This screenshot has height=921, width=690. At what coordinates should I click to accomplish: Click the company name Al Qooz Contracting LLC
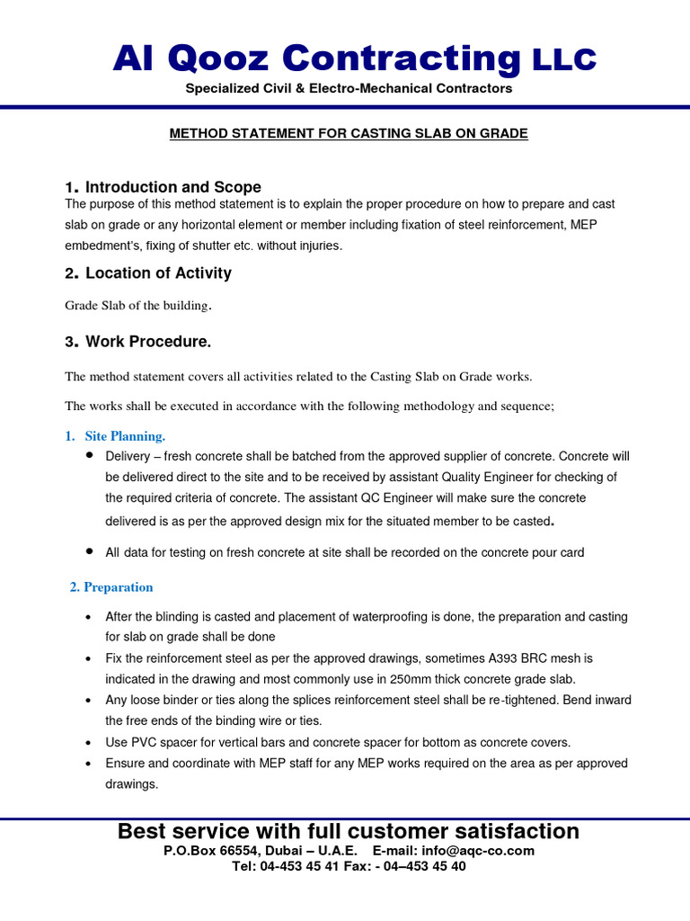click(x=354, y=58)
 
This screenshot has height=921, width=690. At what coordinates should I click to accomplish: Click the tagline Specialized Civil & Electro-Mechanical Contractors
click(x=349, y=89)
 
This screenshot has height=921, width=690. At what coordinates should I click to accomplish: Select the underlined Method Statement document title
click(x=349, y=134)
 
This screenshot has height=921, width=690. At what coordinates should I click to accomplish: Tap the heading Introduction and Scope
click(x=172, y=187)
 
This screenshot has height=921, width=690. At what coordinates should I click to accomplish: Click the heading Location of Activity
click(x=158, y=273)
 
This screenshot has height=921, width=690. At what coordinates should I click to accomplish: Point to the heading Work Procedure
click(x=148, y=343)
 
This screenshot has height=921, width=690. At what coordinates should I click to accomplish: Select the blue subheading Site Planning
click(x=125, y=436)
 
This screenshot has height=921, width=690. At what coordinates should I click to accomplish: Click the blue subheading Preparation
click(x=118, y=587)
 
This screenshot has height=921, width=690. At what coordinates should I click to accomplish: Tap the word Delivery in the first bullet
click(x=128, y=457)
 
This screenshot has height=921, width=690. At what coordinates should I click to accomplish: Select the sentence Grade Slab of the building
click(x=138, y=306)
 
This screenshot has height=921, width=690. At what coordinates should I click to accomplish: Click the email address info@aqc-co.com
click(x=476, y=851)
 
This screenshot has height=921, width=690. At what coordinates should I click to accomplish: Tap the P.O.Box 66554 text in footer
click(x=205, y=851)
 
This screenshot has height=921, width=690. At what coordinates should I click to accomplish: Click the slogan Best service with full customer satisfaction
click(x=349, y=831)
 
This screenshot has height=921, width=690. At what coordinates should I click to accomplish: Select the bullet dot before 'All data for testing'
click(x=90, y=550)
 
